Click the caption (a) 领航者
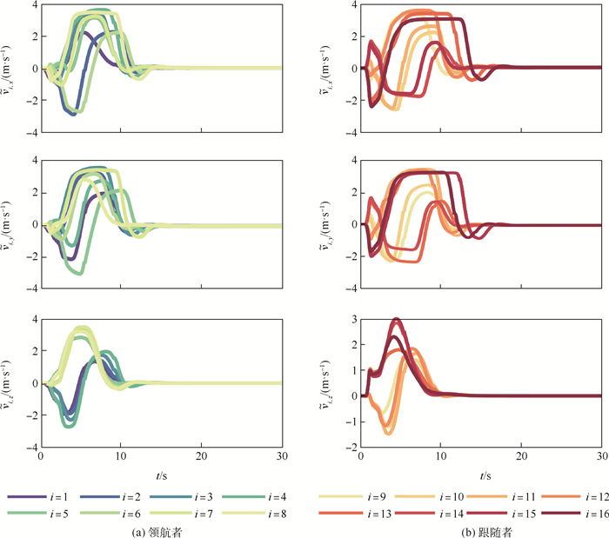coord(162,530)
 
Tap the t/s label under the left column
coord(162,475)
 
